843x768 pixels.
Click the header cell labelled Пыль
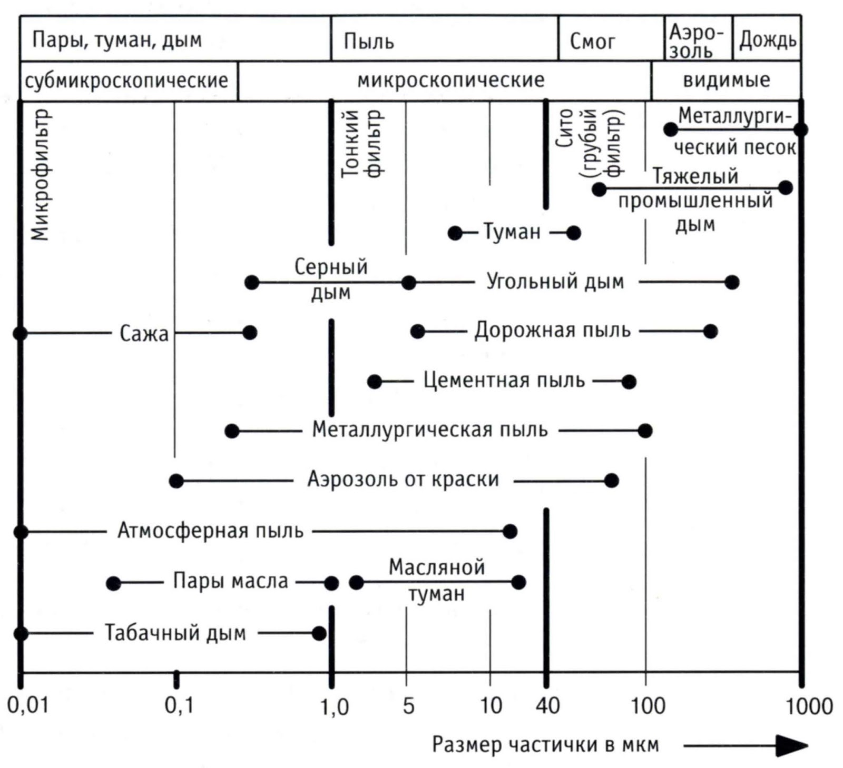369,41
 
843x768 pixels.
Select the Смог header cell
592,41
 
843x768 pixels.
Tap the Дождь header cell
767,39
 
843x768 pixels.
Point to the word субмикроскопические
126,81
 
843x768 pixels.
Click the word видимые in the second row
726,80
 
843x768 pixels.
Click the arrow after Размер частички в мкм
746,745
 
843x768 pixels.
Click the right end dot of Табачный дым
319,633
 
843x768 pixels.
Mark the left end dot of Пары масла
113,583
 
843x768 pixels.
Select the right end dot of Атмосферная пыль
509,531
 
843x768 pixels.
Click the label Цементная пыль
504,380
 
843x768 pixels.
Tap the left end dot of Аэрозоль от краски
177,481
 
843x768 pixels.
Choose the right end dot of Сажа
250,333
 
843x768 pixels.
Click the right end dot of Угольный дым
732,282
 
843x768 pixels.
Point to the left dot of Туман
455,233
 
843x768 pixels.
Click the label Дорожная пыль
552,331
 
